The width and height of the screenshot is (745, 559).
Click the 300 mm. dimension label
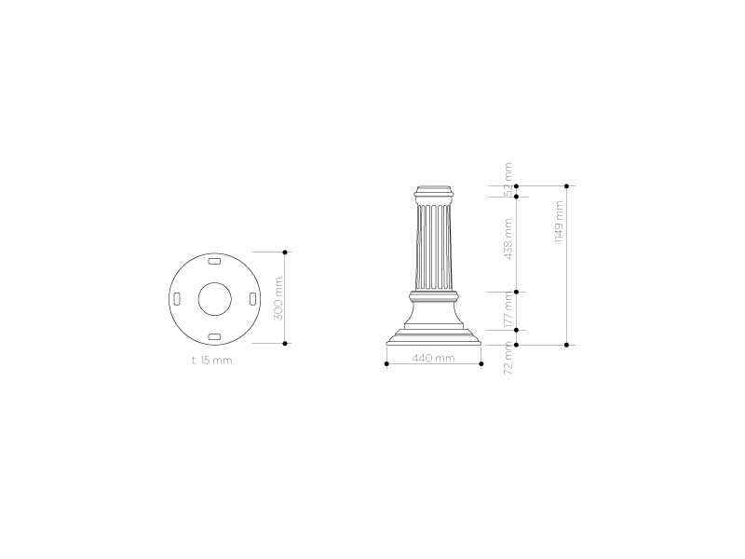click(278, 297)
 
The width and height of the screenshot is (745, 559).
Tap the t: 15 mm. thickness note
click(213, 361)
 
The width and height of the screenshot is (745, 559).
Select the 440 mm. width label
click(434, 358)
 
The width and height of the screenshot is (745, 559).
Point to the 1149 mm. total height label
click(560, 221)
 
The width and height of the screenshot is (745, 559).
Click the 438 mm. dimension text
click(508, 238)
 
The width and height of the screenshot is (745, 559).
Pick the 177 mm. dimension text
click(508, 312)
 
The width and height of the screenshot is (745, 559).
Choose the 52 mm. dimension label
click(508, 179)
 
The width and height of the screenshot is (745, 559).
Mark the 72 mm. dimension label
click(508, 357)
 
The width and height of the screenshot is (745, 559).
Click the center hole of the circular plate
click(215, 299)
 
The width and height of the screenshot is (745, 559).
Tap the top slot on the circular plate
click(215, 261)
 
